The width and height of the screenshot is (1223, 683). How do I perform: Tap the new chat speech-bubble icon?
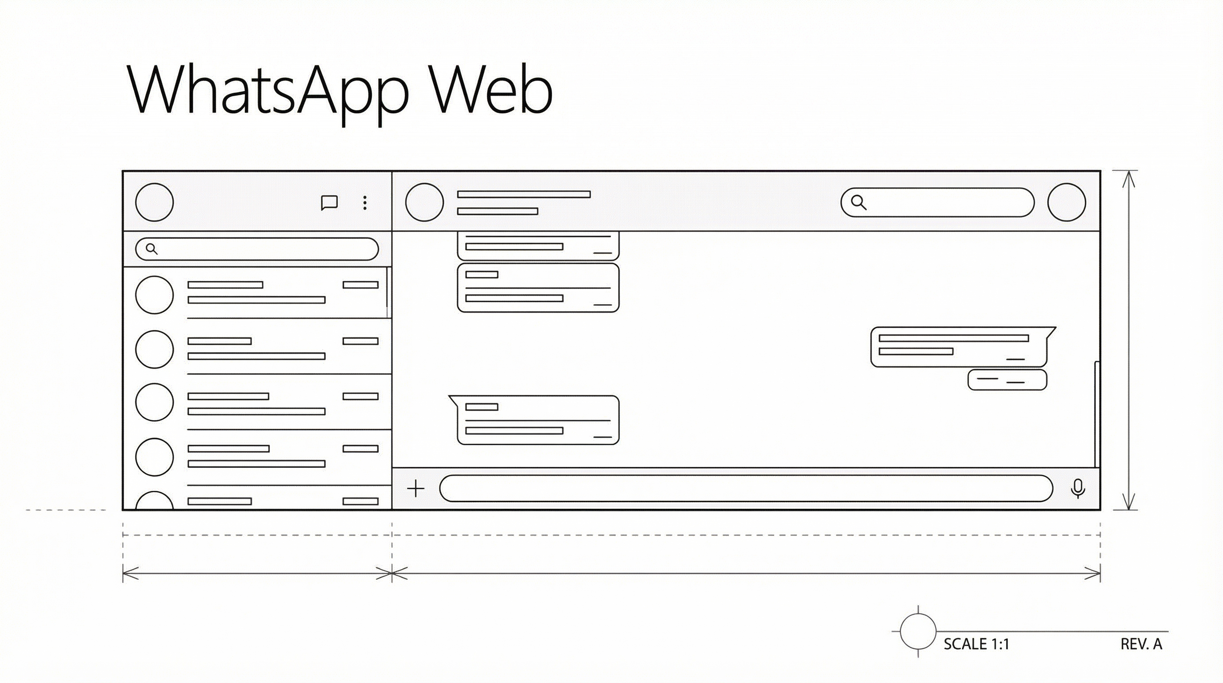coord(329,203)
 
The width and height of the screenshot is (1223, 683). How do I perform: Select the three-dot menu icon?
coord(364,203)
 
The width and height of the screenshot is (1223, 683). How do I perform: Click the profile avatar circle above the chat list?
coord(154,202)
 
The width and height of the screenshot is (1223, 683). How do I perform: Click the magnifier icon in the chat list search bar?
coord(152,249)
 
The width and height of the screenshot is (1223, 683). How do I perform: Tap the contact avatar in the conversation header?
coord(424,202)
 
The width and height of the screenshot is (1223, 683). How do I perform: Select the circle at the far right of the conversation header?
coord(1066,202)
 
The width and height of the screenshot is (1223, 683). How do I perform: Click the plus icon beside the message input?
coord(416,488)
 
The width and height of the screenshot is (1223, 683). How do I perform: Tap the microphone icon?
coord(1078,489)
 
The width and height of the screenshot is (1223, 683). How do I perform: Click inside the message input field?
coord(746,488)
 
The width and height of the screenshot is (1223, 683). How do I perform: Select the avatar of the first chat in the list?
coord(154,295)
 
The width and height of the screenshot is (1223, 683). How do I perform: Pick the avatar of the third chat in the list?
coord(154,402)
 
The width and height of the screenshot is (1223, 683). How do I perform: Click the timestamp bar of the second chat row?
coord(360,341)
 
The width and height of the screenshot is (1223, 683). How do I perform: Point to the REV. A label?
coord(1141,644)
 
